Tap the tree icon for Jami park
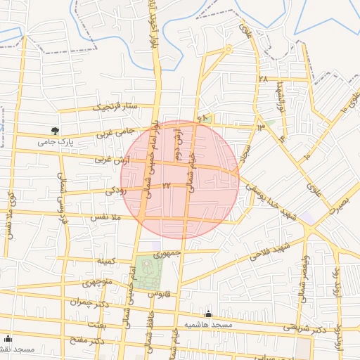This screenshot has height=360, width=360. coord(55,130)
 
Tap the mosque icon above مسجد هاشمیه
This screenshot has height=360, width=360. coord(208,314)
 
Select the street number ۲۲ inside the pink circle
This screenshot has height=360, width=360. coord(167,185)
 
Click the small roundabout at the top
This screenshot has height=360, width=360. coord(229,49)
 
